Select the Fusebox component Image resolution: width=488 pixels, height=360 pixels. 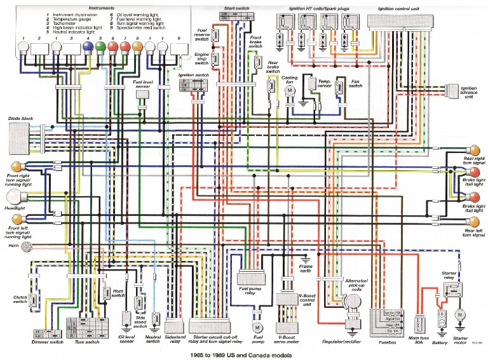pos(386,322)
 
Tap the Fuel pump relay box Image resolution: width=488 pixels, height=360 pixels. pos(255,277)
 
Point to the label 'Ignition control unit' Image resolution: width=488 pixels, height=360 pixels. pos(398,9)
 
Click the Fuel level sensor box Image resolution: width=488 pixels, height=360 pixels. pos(142,94)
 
